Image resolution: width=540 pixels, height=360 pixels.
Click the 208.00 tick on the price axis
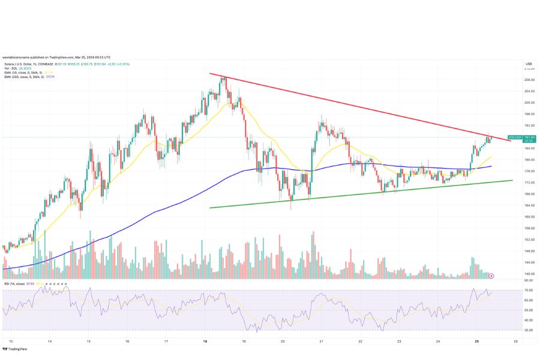pyautogui.click(x=529, y=80)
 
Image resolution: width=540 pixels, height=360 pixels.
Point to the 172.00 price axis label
pyautogui.click(x=529, y=182)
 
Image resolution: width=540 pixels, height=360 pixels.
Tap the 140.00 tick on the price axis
pyautogui.click(x=529, y=274)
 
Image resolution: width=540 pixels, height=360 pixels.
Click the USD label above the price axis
pyautogui.click(x=529, y=64)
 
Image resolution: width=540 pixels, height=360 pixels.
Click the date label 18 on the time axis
pyautogui.click(x=206, y=341)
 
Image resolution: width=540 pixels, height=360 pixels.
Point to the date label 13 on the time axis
pyautogui.click(x=11, y=341)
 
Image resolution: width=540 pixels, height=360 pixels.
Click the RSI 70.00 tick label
pyautogui.click(x=529, y=290)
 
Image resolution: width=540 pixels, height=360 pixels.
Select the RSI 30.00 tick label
pyautogui.click(x=529, y=330)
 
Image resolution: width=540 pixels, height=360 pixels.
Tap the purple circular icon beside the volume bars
pyautogui.click(x=491, y=275)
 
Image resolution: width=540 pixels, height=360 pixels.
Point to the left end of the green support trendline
pyautogui.click(x=209, y=208)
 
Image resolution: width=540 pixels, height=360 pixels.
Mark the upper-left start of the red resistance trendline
pyautogui.click(x=210, y=74)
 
